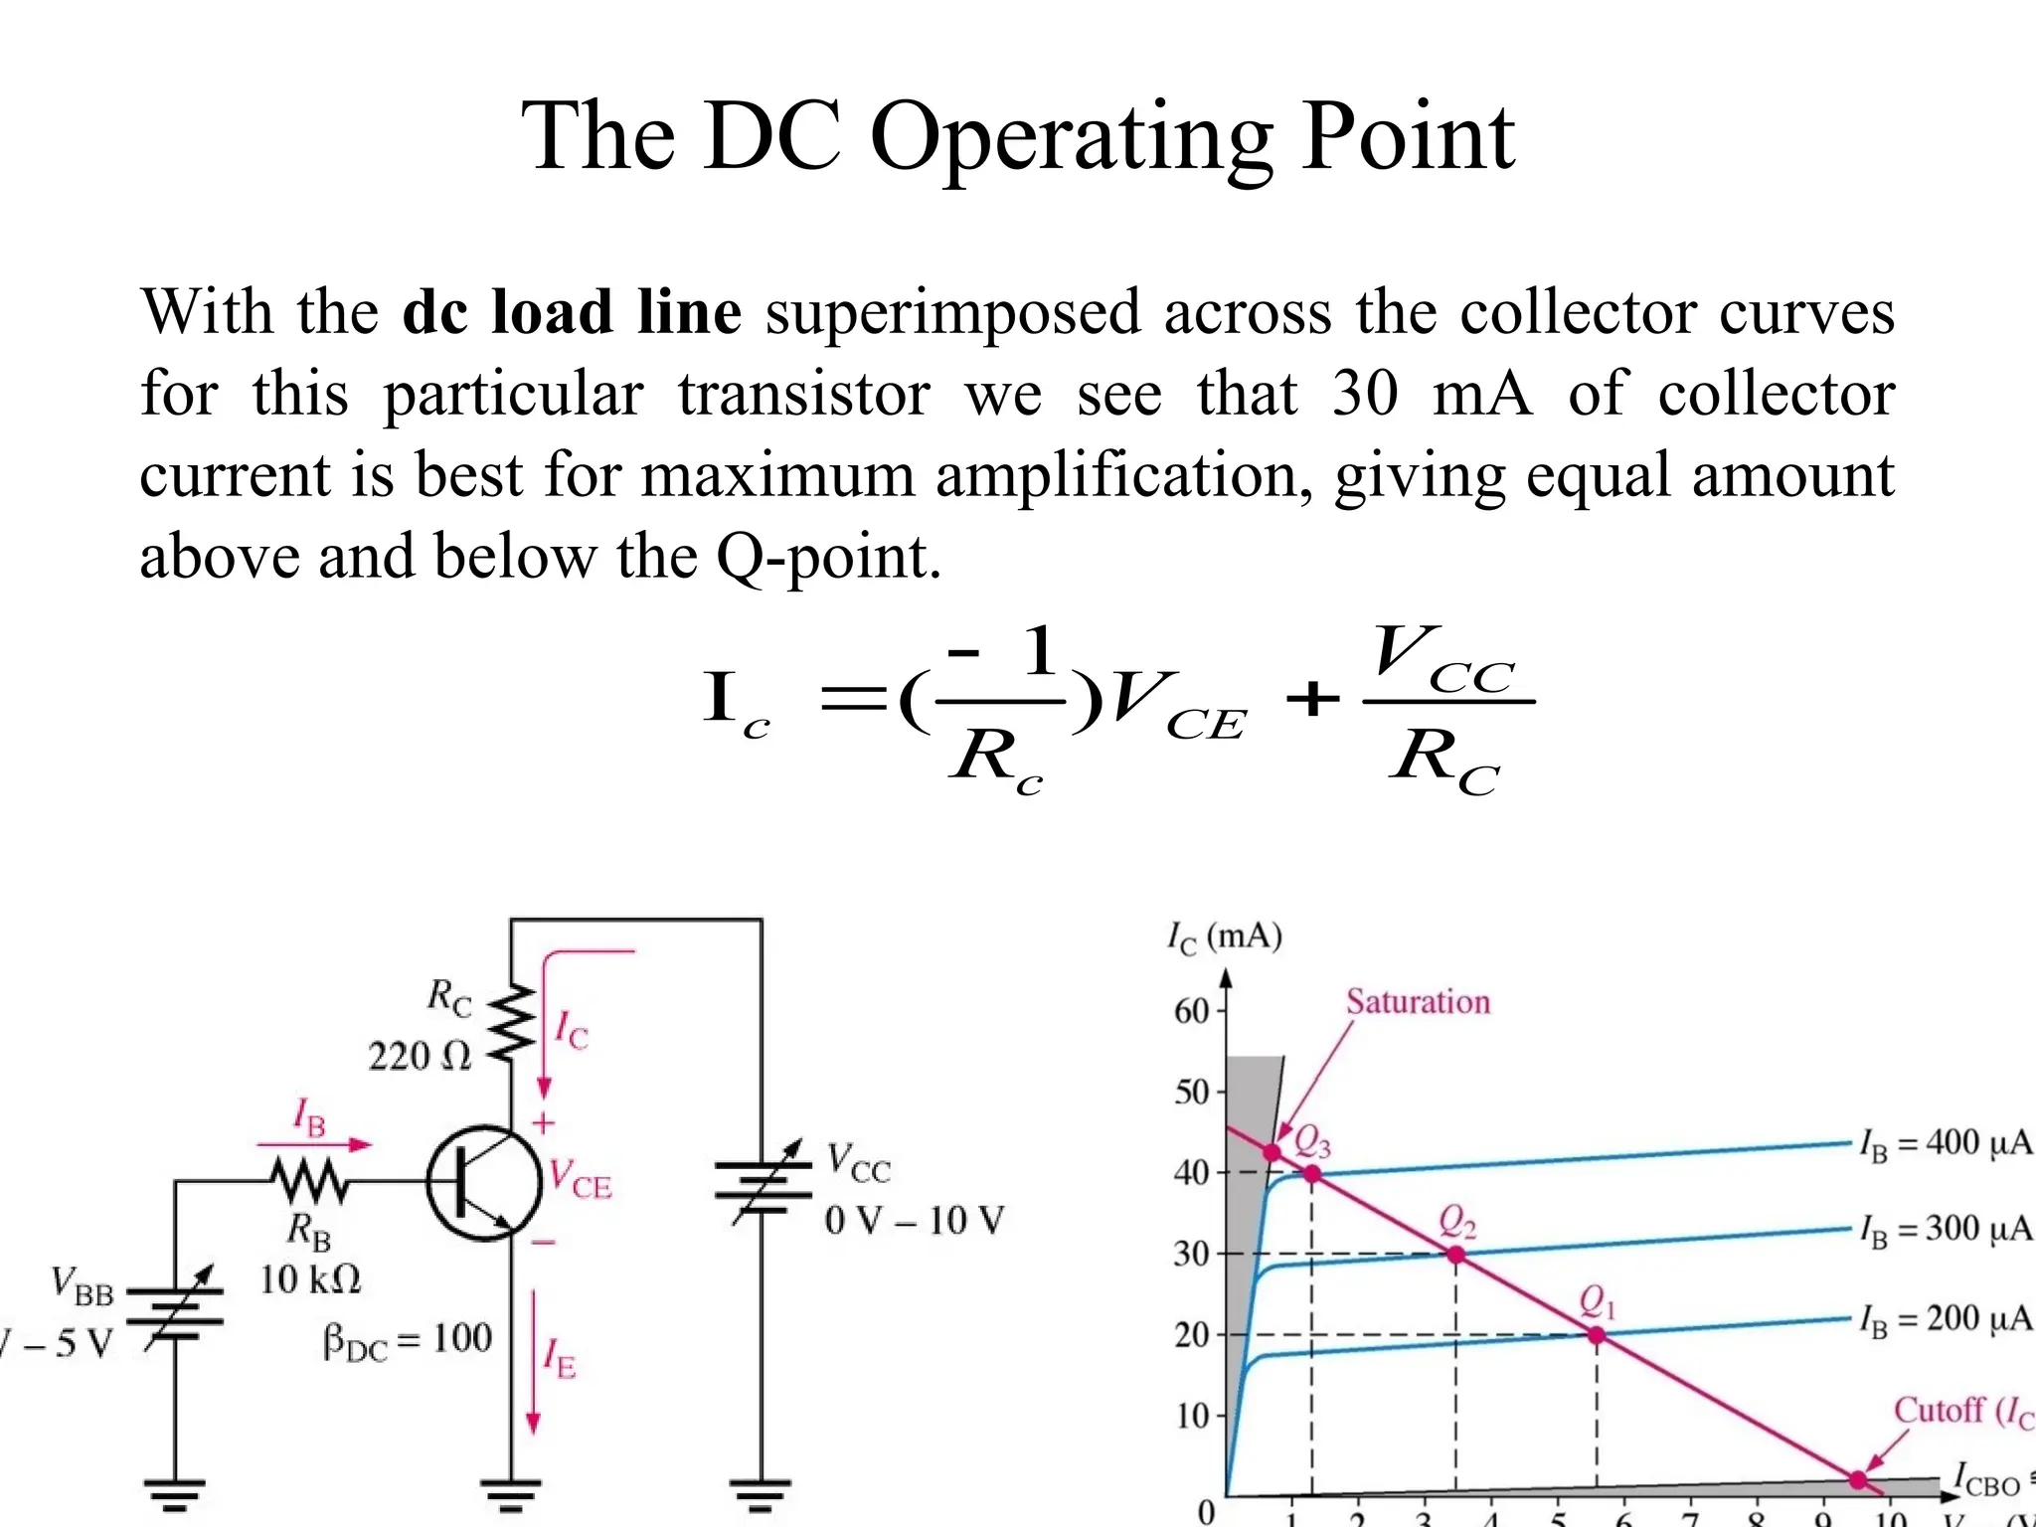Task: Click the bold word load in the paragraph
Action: point(551,312)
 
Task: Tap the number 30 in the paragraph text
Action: point(1365,393)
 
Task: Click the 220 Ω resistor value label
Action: point(420,1056)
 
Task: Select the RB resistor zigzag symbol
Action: point(310,1181)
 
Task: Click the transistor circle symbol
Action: point(484,1182)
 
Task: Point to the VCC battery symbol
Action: point(763,1183)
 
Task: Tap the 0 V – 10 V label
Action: point(914,1220)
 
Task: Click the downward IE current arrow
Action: point(533,1362)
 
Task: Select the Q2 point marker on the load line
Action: point(1455,1255)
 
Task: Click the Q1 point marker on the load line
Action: point(1596,1335)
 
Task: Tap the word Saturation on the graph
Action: point(1418,1002)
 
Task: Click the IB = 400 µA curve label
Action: point(1946,1144)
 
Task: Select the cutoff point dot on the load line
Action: point(1858,1479)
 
